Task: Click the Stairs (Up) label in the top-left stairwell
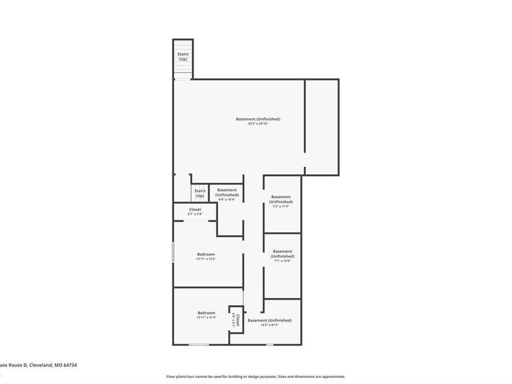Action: click(183, 56)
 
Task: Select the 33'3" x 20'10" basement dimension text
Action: click(258, 124)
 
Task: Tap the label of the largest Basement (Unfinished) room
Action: click(258, 119)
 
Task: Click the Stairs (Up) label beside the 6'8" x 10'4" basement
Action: click(200, 193)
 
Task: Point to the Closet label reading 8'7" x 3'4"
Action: click(195, 212)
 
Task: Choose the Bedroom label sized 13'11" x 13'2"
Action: click(206, 256)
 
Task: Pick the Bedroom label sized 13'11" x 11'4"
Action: click(206, 315)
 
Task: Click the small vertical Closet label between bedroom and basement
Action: click(236, 320)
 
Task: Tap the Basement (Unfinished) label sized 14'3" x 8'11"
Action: click(270, 323)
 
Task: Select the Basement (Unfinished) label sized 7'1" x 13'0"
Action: click(282, 256)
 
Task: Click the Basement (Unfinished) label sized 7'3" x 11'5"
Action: click(281, 201)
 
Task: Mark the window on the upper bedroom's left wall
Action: click(173, 252)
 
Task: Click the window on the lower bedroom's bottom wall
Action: click(199, 345)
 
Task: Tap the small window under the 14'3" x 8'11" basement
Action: click(269, 345)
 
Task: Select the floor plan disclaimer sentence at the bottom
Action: click(255, 377)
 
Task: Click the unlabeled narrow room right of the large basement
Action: click(321, 125)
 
